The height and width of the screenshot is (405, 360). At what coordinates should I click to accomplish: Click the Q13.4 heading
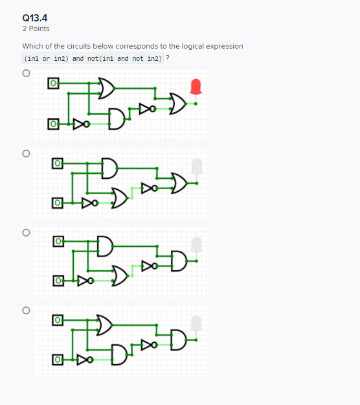click(x=35, y=17)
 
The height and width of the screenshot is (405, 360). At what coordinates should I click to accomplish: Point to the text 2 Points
click(x=36, y=29)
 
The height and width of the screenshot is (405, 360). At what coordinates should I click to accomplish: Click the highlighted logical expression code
click(x=93, y=58)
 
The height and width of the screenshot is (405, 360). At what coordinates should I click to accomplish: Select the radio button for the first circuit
click(x=26, y=74)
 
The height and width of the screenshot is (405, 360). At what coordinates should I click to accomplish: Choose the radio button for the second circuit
click(x=26, y=154)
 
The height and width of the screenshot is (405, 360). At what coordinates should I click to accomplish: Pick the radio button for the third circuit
click(x=26, y=232)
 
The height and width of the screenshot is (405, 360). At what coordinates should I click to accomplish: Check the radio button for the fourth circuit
click(x=26, y=310)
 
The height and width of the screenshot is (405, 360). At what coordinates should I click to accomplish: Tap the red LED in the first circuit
click(x=197, y=86)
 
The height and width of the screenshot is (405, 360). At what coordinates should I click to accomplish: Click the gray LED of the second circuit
click(x=197, y=166)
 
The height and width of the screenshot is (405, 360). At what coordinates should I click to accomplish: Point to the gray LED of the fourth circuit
click(x=197, y=322)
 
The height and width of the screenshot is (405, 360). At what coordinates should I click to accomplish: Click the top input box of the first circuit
click(x=53, y=84)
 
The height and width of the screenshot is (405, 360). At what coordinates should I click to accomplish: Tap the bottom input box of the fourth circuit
click(x=57, y=358)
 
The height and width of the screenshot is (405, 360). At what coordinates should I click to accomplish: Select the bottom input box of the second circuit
click(x=57, y=203)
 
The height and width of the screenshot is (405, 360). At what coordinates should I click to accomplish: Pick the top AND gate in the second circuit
click(x=109, y=167)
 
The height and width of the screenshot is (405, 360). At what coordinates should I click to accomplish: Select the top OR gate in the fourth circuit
click(x=104, y=323)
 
